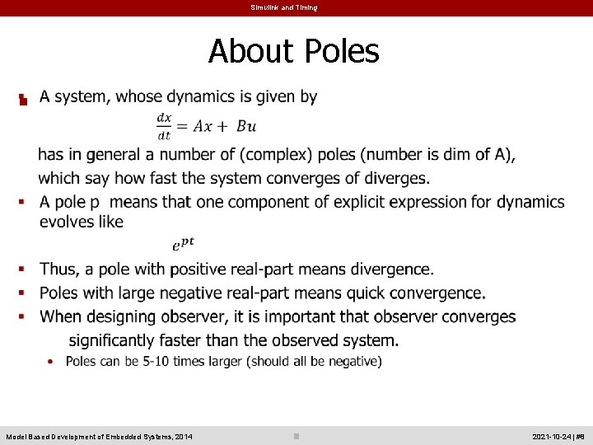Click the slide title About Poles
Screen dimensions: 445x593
294,51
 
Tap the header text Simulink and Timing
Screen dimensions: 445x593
283,7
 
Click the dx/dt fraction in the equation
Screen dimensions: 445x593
164,125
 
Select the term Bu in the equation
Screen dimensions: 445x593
246,126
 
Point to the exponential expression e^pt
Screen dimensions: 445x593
183,244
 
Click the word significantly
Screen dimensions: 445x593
118,340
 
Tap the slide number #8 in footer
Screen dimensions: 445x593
580,436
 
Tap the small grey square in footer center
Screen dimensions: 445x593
296,436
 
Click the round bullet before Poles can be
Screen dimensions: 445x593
52,361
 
